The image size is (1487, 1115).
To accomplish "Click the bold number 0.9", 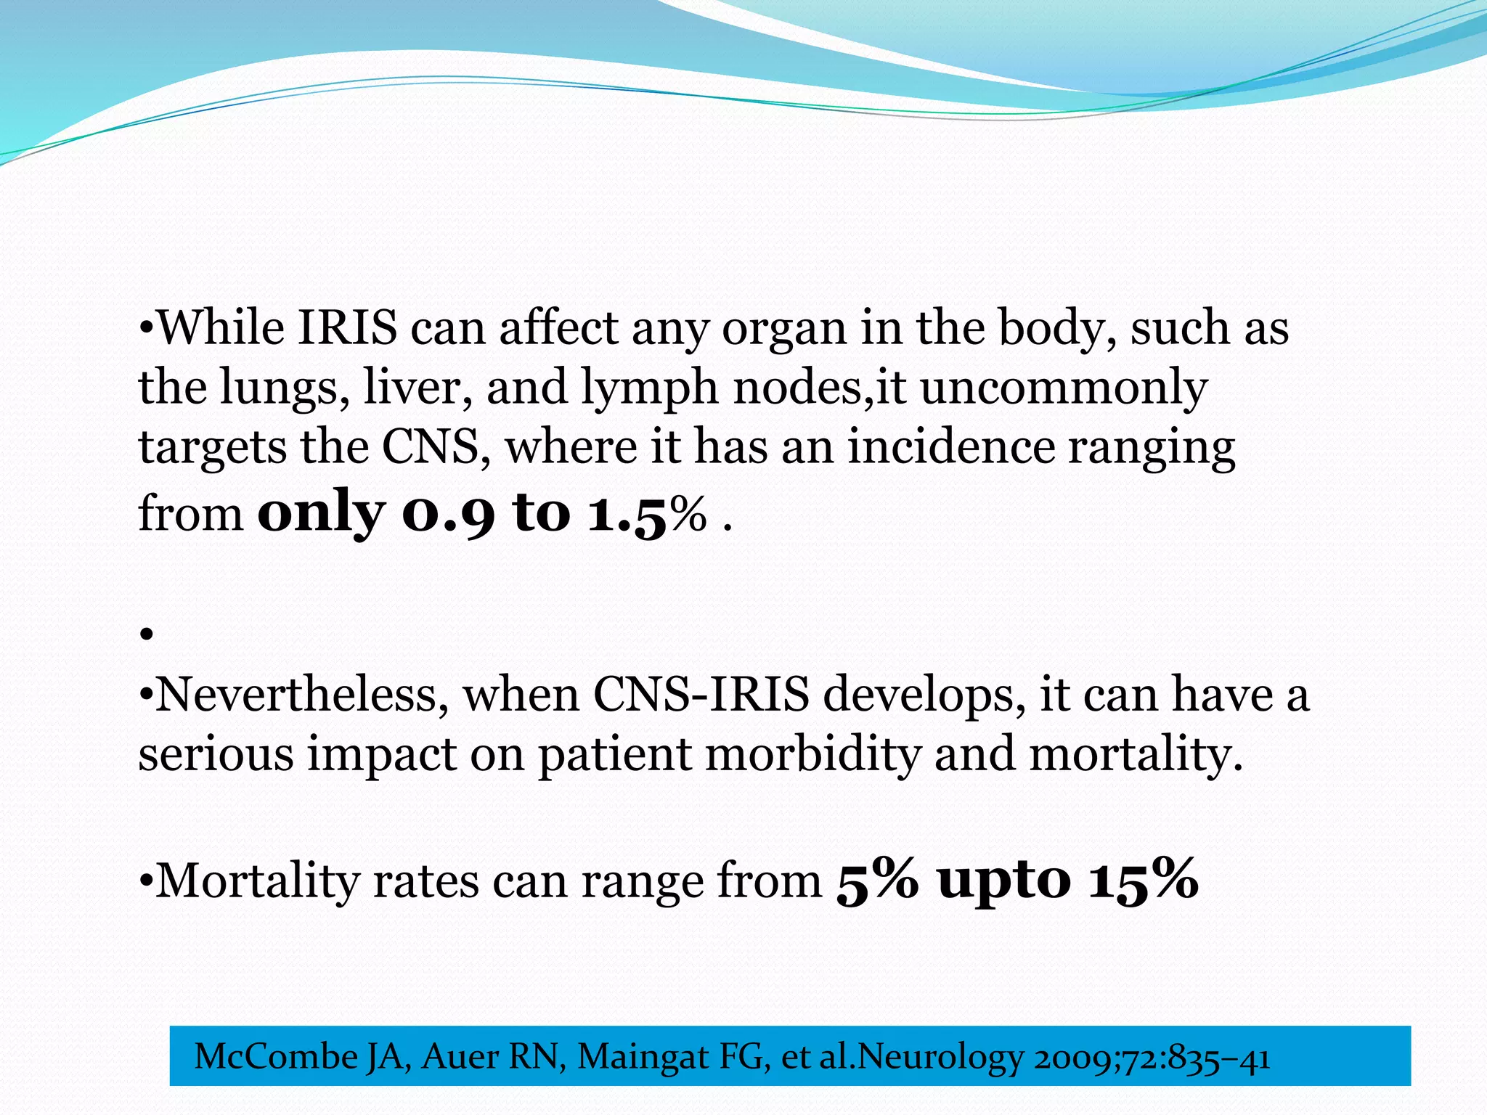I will pos(448,513).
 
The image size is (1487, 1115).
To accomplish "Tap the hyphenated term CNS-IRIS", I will pos(701,695).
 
